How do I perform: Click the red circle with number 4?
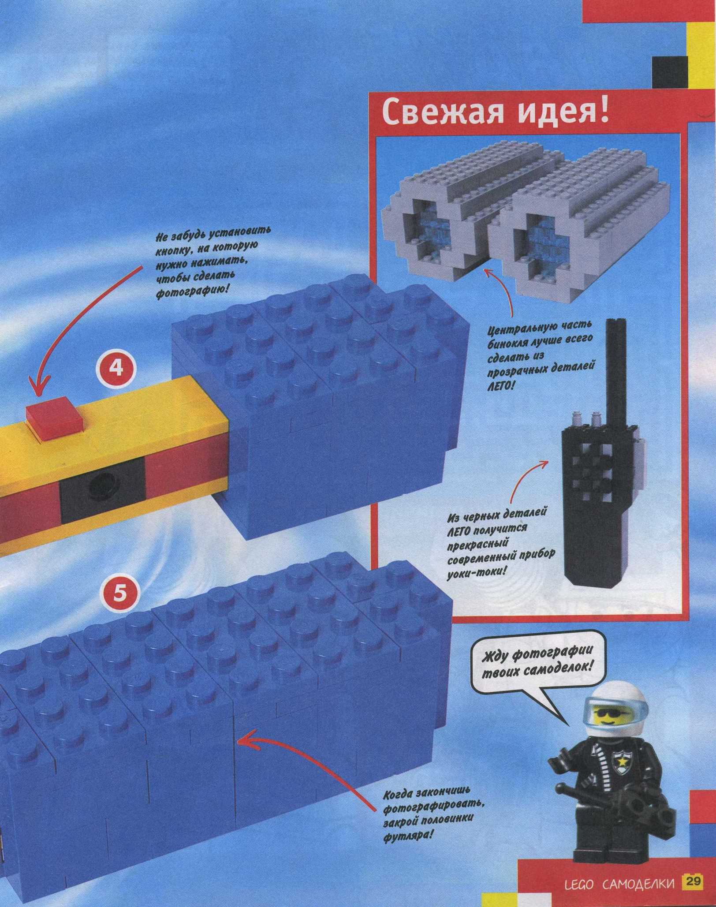(116, 368)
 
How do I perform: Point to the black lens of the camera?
(102, 484)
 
